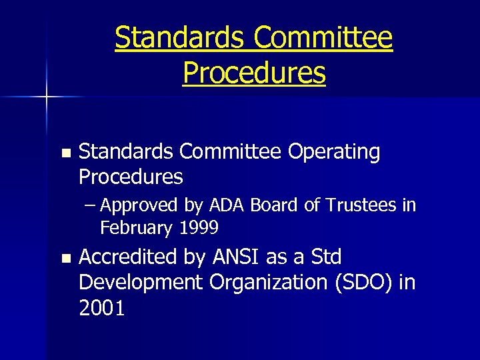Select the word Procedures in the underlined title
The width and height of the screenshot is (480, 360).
pos(254,73)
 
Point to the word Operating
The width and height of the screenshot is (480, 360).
pos(334,152)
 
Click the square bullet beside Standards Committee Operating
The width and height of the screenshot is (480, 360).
pos(65,153)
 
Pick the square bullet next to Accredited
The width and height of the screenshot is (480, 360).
pos(65,258)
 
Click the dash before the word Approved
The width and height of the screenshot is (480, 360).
pos(91,205)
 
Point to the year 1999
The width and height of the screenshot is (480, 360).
pos(199,228)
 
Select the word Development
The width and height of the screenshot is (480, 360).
pos(140,283)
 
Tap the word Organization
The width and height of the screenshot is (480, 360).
pos(268,283)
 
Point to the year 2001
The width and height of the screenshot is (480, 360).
pos(101,309)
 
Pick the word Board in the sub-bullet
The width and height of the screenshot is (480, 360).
pos(275,205)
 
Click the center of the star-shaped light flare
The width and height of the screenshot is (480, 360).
pos(47,97)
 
